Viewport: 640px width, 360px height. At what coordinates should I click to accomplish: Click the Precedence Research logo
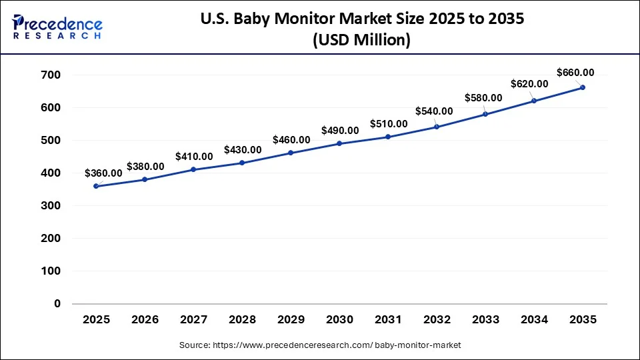(57, 27)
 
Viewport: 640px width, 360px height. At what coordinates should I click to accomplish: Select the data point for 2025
(96, 186)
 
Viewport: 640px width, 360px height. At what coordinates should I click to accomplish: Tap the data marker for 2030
(339, 143)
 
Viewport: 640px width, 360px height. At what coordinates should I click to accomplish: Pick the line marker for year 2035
(583, 87)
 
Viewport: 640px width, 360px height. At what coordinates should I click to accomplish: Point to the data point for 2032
(437, 127)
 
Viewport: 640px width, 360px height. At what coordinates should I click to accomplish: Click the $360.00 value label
(103, 173)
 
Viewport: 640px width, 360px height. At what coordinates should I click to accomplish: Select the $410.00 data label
(194, 156)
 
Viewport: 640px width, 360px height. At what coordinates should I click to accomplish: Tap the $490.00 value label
(340, 131)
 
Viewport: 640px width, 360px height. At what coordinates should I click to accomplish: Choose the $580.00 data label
(483, 97)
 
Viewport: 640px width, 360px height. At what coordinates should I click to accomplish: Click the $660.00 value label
(575, 72)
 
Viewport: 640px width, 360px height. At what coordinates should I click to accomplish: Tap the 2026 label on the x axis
(145, 320)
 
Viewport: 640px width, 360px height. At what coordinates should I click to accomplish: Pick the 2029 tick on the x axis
(291, 320)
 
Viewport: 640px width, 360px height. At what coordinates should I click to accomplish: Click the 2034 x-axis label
(534, 320)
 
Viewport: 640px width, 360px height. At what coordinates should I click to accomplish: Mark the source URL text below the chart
(320, 345)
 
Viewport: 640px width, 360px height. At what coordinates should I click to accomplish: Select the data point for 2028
(242, 163)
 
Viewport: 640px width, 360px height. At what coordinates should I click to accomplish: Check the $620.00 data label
(529, 84)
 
